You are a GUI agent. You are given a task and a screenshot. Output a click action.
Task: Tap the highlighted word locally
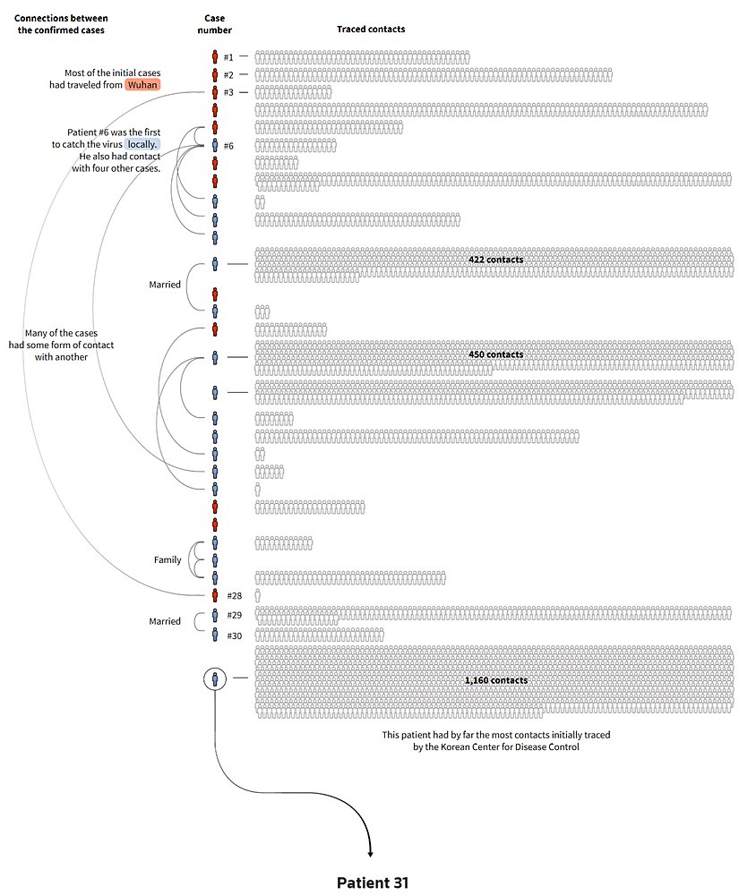click(142, 143)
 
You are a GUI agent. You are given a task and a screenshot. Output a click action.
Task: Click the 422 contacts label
click(495, 260)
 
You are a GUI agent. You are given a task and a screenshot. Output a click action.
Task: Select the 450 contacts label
click(495, 354)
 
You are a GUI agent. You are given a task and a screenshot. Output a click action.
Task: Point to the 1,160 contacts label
click(496, 680)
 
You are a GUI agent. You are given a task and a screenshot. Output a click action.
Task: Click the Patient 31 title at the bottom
click(373, 882)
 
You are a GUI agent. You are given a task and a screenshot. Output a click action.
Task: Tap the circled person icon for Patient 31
click(215, 679)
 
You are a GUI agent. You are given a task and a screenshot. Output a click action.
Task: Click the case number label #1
click(228, 58)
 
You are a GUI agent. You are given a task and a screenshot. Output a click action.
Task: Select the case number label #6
click(228, 145)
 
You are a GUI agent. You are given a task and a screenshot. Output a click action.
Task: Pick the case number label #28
click(235, 596)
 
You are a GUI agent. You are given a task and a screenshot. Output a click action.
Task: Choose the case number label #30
click(235, 635)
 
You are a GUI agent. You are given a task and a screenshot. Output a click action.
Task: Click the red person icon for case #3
click(215, 92)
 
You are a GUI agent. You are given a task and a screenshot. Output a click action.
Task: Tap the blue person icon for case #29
click(215, 615)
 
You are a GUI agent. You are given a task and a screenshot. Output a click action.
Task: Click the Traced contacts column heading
click(371, 30)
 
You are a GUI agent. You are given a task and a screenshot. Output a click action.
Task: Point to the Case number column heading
click(215, 24)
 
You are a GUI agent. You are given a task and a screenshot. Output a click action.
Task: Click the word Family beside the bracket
click(168, 560)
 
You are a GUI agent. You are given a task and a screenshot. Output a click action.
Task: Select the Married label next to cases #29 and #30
click(165, 621)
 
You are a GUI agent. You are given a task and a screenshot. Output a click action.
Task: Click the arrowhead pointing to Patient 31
click(370, 854)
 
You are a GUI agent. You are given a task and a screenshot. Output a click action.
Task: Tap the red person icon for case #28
click(215, 595)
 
